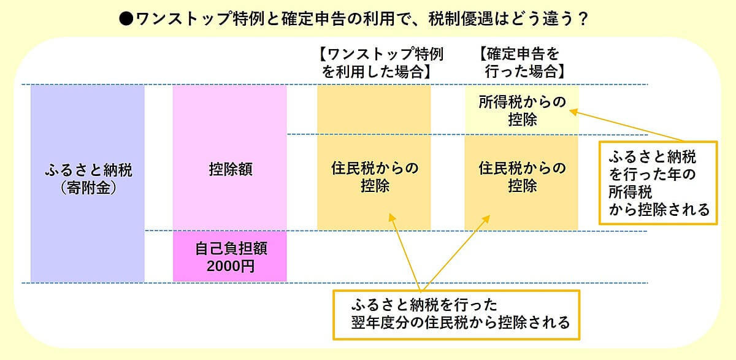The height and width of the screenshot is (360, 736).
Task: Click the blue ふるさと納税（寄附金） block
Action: pos(88,183)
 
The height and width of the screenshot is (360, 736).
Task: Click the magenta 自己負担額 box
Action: pos(230,256)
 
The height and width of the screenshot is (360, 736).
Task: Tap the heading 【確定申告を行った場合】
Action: pos(520,62)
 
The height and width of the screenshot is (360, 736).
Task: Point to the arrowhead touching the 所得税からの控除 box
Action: pos(573,111)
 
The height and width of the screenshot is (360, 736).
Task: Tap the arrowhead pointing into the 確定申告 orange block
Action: pos(488,216)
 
